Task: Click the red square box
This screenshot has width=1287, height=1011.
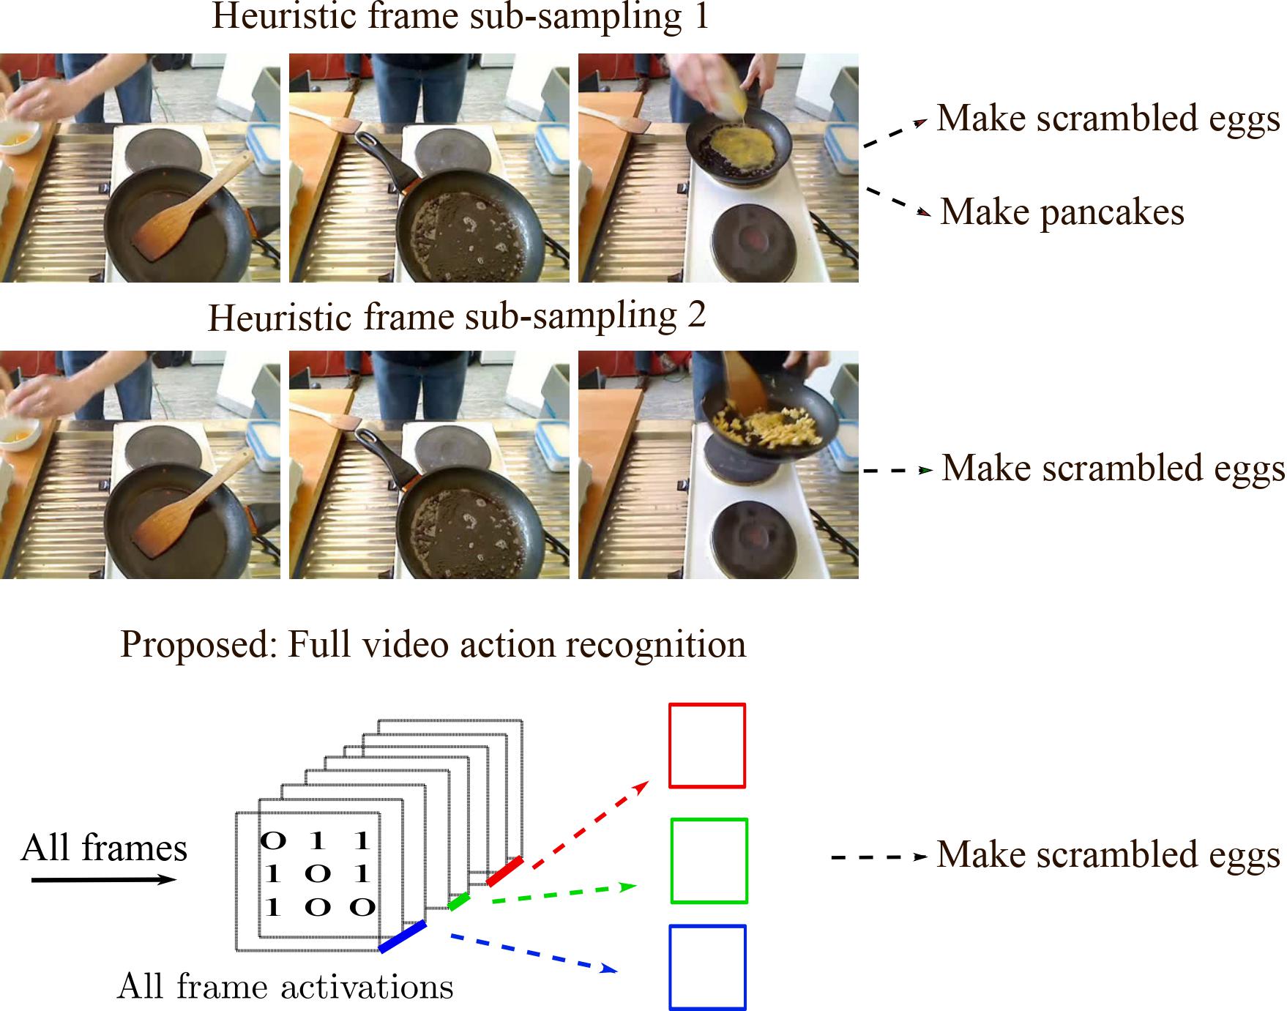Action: [706, 745]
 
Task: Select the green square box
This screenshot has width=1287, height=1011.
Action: [709, 860]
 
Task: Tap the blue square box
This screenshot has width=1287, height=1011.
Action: [707, 967]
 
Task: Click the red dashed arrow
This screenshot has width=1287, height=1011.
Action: [590, 825]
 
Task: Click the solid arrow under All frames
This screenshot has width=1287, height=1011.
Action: [104, 879]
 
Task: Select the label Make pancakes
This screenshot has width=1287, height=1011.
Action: [1062, 212]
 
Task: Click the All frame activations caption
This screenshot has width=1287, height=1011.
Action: [285, 986]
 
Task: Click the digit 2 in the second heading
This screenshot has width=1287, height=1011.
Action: [696, 315]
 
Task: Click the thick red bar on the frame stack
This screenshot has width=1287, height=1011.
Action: [504, 870]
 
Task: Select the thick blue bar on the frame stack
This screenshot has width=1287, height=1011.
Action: [403, 936]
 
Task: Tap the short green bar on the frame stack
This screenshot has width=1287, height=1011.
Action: [458, 902]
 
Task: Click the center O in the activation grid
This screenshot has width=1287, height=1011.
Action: [318, 873]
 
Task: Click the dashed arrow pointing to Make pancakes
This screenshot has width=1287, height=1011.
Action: [898, 202]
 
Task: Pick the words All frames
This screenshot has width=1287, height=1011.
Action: [104, 848]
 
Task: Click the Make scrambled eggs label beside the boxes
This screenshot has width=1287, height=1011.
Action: [1108, 854]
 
